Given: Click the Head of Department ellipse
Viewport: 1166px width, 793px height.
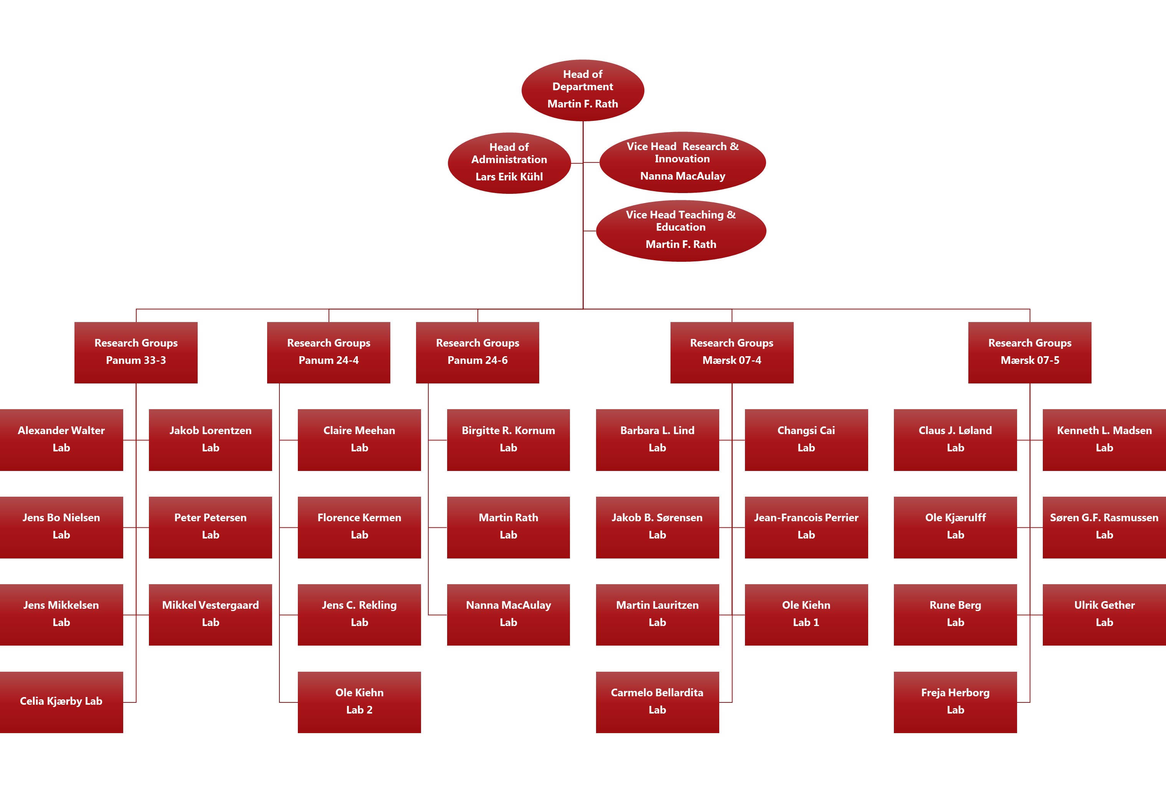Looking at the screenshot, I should coord(583,90).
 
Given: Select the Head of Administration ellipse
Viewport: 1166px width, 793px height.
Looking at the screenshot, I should coord(509,163).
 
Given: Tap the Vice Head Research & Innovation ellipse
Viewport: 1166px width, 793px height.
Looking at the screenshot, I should coord(682,162).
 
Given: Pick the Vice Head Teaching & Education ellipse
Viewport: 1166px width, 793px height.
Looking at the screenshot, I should coord(681,230).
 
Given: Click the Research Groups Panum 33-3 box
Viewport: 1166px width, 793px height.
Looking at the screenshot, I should coord(135,352).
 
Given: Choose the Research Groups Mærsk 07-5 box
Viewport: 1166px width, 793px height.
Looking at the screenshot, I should coord(1029,352).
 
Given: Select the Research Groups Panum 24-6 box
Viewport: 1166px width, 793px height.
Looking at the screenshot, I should coord(477,352).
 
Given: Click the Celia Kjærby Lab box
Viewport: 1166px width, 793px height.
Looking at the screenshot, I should coord(61,702).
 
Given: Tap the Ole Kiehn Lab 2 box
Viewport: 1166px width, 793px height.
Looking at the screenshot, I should coord(359,702).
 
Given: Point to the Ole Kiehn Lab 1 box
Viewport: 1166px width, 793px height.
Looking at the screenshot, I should coord(806,614).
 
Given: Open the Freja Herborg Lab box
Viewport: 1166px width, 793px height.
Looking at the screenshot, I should coord(955,702).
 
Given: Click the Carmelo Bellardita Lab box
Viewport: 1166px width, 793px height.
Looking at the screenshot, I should coord(657,702).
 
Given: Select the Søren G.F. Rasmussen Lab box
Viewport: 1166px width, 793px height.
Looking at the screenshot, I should coord(1104,527).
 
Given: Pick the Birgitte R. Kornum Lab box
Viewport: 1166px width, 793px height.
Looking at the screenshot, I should coord(508,439).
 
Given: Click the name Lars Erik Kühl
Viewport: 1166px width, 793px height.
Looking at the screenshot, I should coord(509,177).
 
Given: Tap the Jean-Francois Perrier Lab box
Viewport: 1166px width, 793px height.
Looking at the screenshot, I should coord(806,527).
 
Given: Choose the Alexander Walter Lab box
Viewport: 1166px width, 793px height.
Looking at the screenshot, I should coord(61,439).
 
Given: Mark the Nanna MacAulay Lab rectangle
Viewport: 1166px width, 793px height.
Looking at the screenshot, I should coord(508,614).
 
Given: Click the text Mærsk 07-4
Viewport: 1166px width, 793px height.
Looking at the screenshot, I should coord(732,360).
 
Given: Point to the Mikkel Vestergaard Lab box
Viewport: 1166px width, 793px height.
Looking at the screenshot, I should coord(210,614).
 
